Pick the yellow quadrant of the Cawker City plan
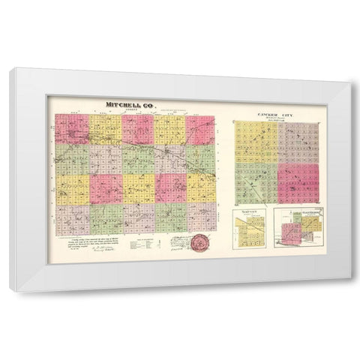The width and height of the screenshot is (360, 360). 256,143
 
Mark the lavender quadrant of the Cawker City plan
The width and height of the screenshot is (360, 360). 298,143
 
